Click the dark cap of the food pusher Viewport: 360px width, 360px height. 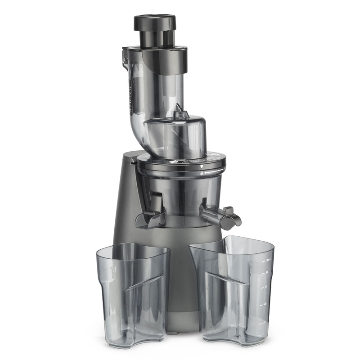(154, 22)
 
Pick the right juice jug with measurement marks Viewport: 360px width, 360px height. (234, 288)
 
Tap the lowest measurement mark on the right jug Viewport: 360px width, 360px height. (264, 321)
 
